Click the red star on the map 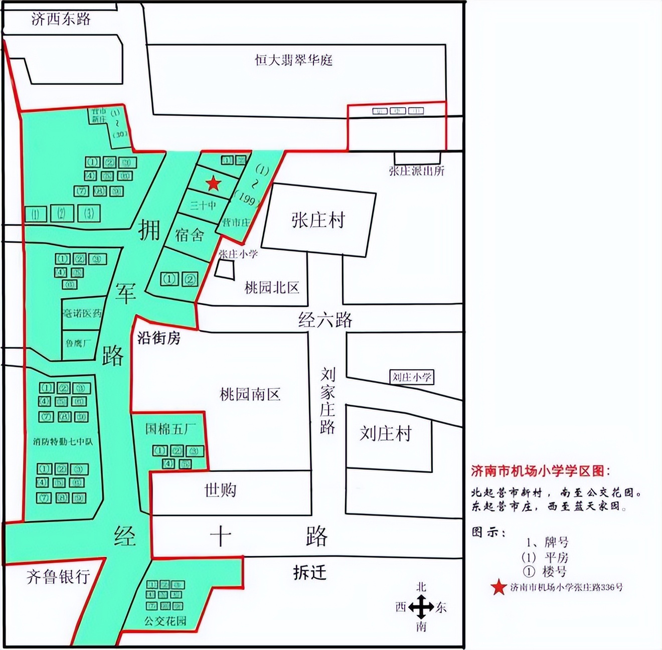tap(213, 184)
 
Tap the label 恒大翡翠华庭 tap(293, 61)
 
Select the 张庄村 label tap(318, 220)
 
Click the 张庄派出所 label tap(416, 171)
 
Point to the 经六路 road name tap(325, 319)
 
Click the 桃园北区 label tap(272, 287)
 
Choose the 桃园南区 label tap(250, 394)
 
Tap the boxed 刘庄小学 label tap(412, 377)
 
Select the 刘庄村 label tap(385, 433)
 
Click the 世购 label tap(220, 490)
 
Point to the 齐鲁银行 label tap(58, 577)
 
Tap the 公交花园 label tap(165, 621)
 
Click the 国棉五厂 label tap(171, 429)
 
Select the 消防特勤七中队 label tap(63, 442)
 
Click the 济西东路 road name tap(61, 19)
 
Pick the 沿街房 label tap(158, 339)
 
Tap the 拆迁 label tap(309, 572)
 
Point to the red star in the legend tap(499, 587)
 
